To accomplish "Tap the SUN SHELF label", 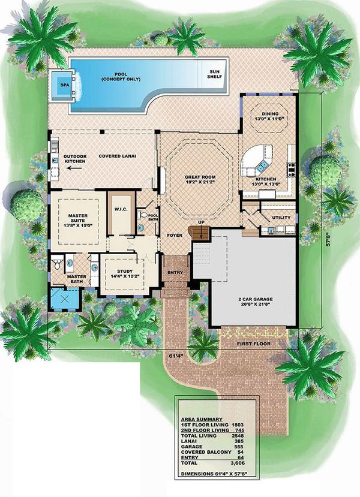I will [x=214, y=74].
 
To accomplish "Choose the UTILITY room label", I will [x=281, y=218].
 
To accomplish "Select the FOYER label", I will [x=174, y=236].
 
